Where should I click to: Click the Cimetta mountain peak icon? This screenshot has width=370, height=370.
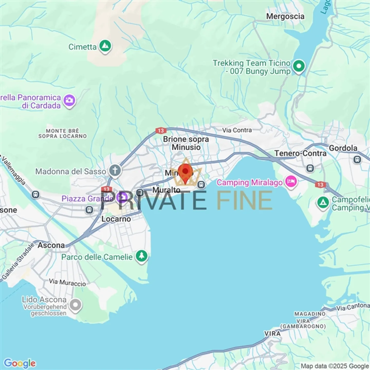(x=105, y=46)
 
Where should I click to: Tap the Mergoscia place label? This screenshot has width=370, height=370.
(x=285, y=16)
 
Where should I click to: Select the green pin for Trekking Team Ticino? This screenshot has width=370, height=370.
(x=299, y=66)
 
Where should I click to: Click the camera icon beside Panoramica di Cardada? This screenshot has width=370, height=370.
(x=69, y=100)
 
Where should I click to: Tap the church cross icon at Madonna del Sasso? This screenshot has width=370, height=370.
(x=115, y=170)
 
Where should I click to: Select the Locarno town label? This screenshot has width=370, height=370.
(x=116, y=219)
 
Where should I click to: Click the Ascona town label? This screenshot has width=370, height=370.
(x=51, y=245)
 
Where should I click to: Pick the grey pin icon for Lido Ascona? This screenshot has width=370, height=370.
(x=75, y=305)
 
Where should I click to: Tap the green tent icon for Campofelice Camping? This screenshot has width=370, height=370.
(x=323, y=202)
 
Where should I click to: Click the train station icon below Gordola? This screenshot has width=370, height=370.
(x=357, y=160)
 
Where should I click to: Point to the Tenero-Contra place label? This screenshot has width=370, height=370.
(x=300, y=153)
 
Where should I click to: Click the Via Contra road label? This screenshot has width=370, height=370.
(x=237, y=130)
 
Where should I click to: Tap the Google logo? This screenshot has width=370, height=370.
(x=20, y=363)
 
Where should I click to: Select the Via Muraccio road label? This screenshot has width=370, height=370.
(x=67, y=283)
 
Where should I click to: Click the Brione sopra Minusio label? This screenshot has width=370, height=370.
(x=186, y=143)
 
